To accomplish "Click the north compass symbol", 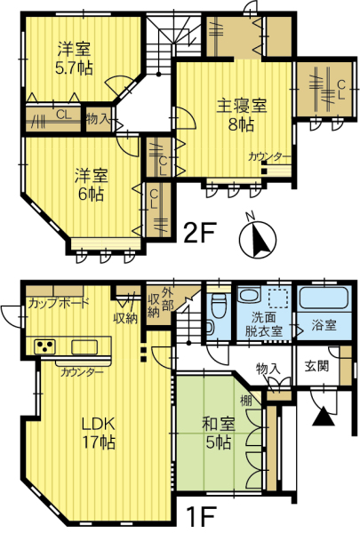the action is point(258,237).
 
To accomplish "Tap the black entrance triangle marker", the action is point(323,417).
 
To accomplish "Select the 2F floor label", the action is point(200,233).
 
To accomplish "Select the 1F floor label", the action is point(202,518).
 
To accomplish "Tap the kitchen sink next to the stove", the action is point(84,347).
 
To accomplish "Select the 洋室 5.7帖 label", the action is point(74,59).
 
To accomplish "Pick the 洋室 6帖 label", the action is point(91,185).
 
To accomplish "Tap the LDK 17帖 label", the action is point(99,434).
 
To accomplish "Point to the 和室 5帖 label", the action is point(218,434).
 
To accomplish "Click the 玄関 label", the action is point(316,366).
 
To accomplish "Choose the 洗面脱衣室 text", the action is point(264,324).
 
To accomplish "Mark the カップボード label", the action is point(58,302).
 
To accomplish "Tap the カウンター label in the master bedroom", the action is point(269,157).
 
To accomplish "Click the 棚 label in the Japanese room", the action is point(246,401).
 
